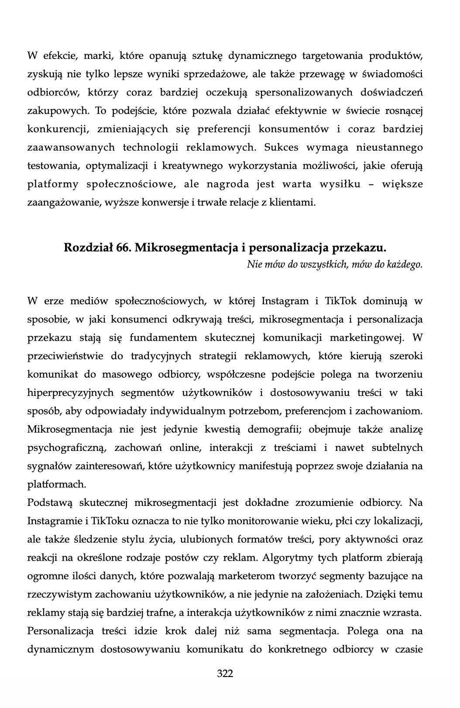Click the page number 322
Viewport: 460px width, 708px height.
pos(225,673)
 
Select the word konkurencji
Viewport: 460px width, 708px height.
pos(55,129)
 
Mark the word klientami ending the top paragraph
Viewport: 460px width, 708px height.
pos(295,203)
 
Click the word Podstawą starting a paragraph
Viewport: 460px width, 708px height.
pos(50,503)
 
